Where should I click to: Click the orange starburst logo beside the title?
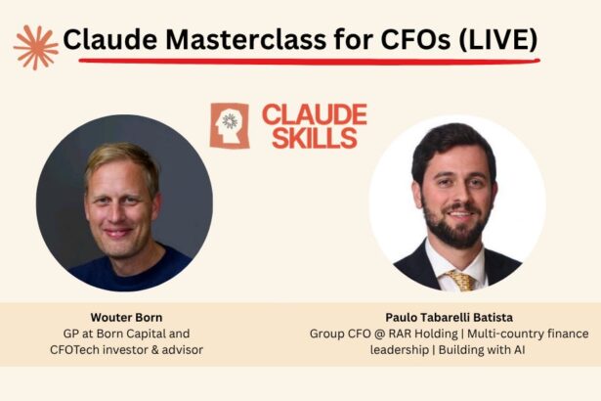click(35, 48)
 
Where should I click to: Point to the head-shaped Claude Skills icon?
click(230, 125)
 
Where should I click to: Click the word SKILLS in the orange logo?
click(315, 138)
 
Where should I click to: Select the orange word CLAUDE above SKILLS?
click(315, 114)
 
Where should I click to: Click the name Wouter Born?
click(126, 318)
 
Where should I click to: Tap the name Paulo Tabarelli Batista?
click(449, 318)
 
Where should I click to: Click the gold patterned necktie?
click(462, 281)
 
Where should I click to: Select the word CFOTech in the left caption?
click(72, 350)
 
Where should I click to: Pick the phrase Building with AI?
click(482, 350)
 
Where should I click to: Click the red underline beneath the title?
click(310, 61)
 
